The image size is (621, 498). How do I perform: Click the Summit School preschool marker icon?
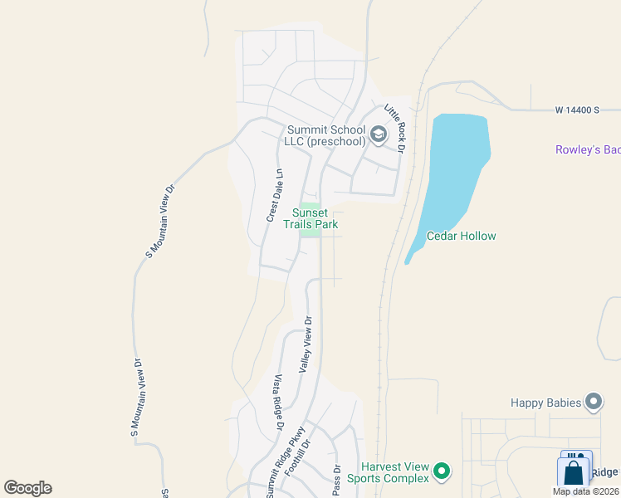pos(379,134)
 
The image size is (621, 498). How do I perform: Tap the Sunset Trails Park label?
pos(310,218)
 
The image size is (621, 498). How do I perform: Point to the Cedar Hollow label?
pos(461,237)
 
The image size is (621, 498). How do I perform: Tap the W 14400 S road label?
pos(577,110)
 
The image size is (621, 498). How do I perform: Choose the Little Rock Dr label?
pos(394,129)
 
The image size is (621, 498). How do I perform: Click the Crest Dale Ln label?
pos(274,196)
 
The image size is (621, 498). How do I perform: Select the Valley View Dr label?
pos(306,344)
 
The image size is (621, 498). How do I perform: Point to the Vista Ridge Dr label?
pos(278,402)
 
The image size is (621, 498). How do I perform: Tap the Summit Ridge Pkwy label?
pos(286,463)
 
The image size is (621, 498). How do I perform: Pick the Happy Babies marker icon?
pos(593,403)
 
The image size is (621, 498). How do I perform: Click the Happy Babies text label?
pos(545,403)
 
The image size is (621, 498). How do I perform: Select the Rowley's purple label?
pos(588,149)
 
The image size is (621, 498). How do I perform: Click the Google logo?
pos(27,488)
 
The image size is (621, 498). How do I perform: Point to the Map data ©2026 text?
pos(585,491)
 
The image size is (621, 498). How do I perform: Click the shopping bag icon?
pos(574,472)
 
